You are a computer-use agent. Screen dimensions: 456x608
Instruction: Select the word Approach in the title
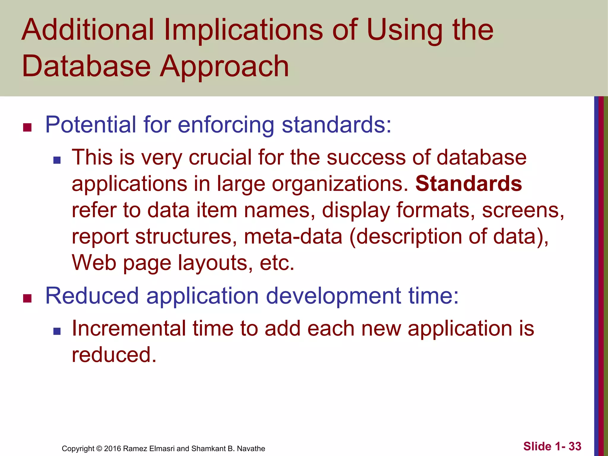point(224,66)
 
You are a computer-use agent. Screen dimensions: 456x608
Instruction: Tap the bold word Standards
point(468,184)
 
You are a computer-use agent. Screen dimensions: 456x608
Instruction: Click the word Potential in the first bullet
point(91,125)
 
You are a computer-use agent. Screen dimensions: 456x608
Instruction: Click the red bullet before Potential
point(27,128)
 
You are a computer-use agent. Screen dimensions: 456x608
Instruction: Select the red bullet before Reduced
point(27,298)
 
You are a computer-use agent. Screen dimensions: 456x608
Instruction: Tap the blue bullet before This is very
point(57,160)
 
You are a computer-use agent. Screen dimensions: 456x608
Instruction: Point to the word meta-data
point(293,236)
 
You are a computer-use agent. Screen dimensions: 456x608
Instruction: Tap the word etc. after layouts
point(277,263)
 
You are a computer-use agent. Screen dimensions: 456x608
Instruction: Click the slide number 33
point(575,446)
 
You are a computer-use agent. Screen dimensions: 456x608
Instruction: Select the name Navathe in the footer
point(251,449)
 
